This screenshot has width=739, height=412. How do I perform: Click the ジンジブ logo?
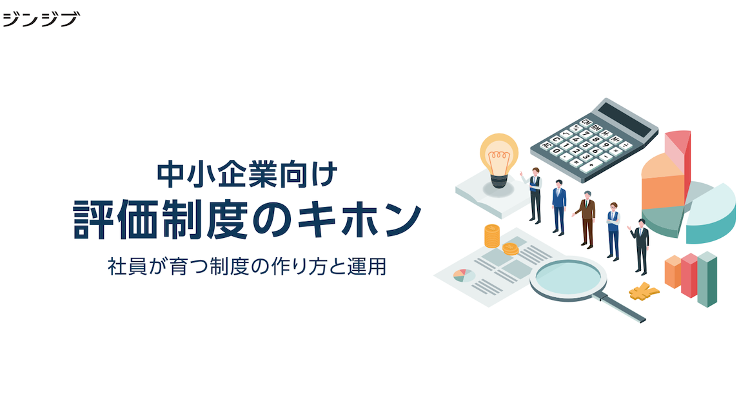click(x=41, y=19)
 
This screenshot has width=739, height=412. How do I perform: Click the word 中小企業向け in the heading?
click(x=248, y=175)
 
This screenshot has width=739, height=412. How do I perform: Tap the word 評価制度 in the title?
click(x=161, y=220)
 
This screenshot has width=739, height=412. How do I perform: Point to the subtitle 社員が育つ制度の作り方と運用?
click(x=247, y=266)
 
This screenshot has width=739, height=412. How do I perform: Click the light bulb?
click(x=498, y=161)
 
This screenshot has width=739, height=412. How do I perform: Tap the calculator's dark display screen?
click(x=624, y=120)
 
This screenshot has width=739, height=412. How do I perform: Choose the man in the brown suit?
click(x=586, y=219)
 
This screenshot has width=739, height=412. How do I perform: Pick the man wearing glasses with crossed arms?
click(x=613, y=231)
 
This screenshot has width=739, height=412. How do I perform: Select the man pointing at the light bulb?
click(x=533, y=195)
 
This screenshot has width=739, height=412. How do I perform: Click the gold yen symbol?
click(x=644, y=291)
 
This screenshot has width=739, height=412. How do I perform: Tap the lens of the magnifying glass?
click(x=567, y=276)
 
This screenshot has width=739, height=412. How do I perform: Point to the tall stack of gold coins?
click(x=491, y=236)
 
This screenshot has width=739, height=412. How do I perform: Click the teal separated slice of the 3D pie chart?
click(x=712, y=215)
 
